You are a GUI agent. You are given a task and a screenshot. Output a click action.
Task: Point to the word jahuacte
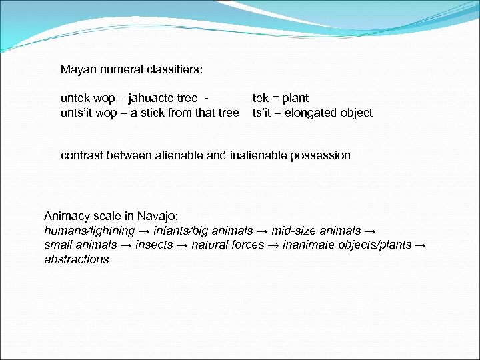(148, 99)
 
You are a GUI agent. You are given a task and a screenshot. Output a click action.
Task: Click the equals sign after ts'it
(278, 113)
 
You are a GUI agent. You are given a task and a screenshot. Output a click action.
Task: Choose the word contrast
(82, 155)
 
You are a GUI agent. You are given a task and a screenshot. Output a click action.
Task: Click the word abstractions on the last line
(77, 259)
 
